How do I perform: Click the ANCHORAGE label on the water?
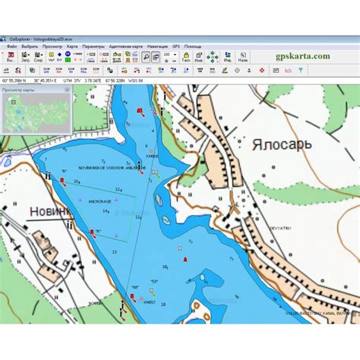pyautogui.click(x=100, y=201)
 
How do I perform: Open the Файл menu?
pyautogui.click(x=12, y=46)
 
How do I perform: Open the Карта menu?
pyautogui.click(x=72, y=46)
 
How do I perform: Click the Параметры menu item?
pyautogui.click(x=93, y=46)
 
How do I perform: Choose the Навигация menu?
pyautogui.click(x=159, y=46)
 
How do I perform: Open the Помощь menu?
pyautogui.click(x=193, y=46)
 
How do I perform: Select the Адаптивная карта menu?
pyautogui.click(x=125, y=46)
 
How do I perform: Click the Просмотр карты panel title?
pyautogui.click(x=19, y=90)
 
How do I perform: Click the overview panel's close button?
pyautogui.click(x=68, y=90)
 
